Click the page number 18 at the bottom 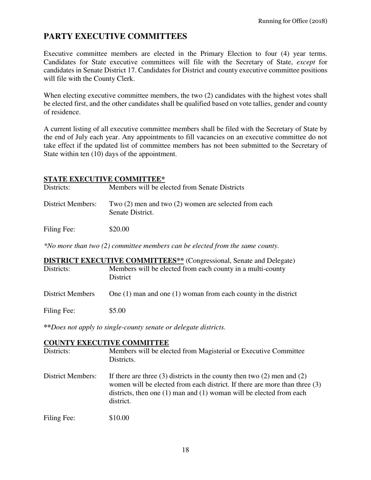(x=185, y=450)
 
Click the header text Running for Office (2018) (x=293, y=21)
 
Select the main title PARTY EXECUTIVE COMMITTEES (x=115, y=37)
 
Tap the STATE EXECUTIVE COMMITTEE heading (x=104, y=179)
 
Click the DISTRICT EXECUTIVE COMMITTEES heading (x=113, y=260)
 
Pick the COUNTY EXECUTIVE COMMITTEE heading (x=106, y=343)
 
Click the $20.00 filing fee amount (x=119, y=229)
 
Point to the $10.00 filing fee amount (x=119, y=418)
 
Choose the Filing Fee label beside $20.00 (x=59, y=229)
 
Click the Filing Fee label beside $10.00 (x=59, y=418)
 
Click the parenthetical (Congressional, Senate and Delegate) (x=240, y=260)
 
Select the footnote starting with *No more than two (x=161, y=246)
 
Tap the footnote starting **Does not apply (x=135, y=327)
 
